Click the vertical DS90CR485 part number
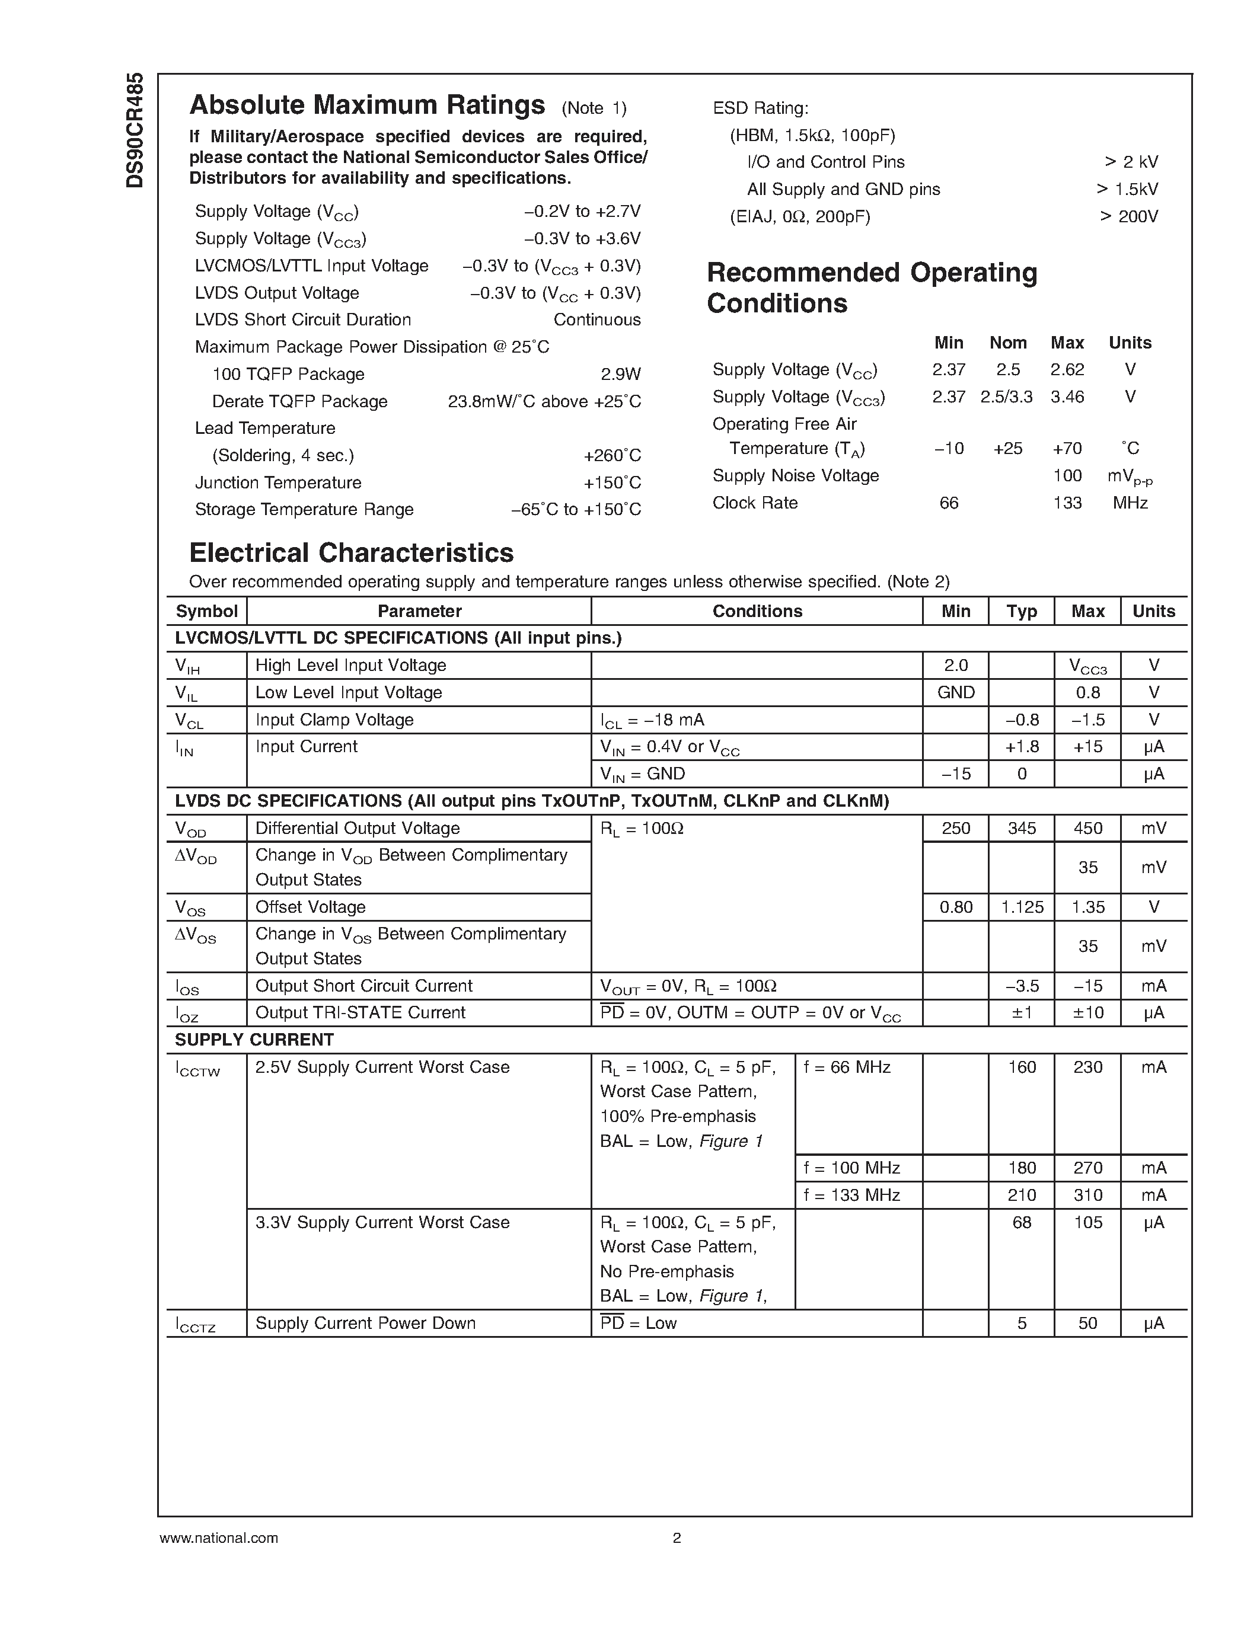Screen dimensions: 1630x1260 pos(135,130)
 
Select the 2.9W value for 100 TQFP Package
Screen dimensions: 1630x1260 pos(620,374)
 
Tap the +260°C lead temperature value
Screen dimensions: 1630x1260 pos(611,455)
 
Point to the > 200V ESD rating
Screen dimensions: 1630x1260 pos(1128,216)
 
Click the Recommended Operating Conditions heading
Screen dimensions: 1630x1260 pos(871,287)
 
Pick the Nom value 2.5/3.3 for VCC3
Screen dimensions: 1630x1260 pos(1006,397)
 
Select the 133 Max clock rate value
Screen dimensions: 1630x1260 pos(1067,503)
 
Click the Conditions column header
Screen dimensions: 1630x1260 pos(757,611)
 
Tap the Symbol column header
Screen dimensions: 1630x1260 pos(206,611)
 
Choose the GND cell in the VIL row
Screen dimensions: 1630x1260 pos(955,692)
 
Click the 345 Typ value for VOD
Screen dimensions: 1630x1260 pos(1021,829)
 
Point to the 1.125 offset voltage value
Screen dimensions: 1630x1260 pos(1021,907)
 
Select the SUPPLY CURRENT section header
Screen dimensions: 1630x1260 pos(254,1040)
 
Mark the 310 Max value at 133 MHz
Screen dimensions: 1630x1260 pos(1087,1195)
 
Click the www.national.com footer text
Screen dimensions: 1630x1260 pos(219,1538)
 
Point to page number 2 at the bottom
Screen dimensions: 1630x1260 pos(677,1538)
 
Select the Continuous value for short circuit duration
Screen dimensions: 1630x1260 pos(596,319)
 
